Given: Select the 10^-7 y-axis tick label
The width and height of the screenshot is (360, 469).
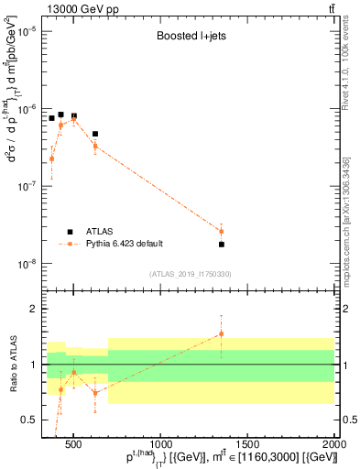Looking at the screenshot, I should (x=29, y=186).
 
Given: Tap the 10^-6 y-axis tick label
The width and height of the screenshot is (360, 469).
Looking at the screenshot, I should (x=29, y=108).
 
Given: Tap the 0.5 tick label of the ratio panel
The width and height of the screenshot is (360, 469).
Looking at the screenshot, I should (x=30, y=420).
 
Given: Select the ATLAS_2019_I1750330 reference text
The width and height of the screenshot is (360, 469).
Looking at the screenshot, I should (x=191, y=274).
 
